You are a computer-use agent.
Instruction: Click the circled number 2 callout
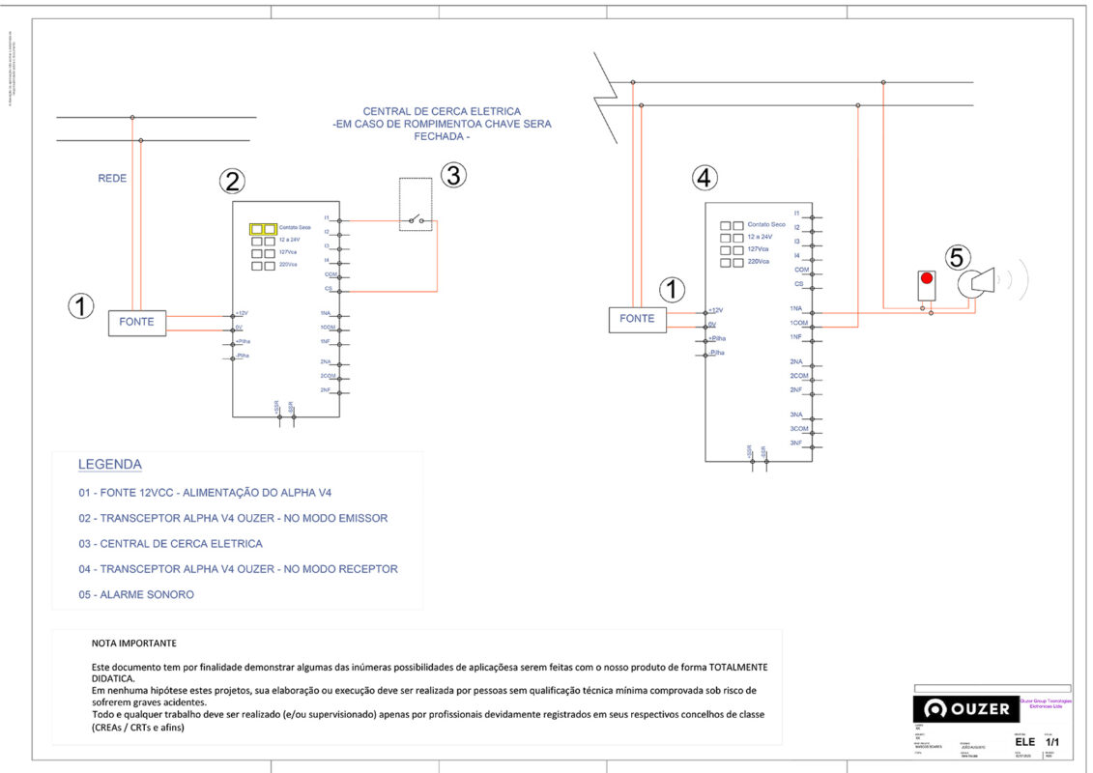pos(231,181)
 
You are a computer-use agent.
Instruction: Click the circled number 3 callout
pos(454,175)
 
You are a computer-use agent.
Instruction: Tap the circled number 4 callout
pos(705,178)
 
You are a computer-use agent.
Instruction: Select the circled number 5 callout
pos(957,257)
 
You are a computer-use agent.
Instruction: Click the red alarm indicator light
pos(927,278)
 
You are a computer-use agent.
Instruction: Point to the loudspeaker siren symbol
pos(981,282)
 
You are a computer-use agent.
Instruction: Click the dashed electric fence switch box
pos(416,204)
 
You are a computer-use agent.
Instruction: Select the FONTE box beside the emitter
pos(136,322)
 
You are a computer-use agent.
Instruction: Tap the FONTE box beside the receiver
pos(637,318)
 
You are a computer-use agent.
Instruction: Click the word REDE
pos(112,178)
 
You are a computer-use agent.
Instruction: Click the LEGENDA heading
pos(110,465)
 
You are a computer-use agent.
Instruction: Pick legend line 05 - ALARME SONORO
pos(136,594)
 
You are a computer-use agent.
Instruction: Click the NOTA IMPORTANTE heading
pos(134,643)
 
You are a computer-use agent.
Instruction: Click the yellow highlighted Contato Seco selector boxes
pos(263,229)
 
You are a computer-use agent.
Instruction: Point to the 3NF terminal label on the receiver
pos(796,443)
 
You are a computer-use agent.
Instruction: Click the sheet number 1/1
pos(1053,741)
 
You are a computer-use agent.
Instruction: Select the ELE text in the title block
pos(1025,741)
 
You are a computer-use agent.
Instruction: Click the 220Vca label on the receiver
pos(759,262)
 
